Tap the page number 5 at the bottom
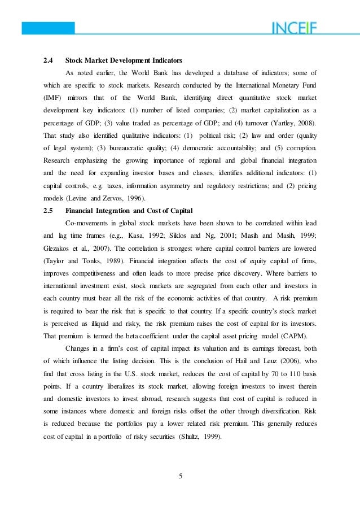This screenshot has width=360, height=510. pos(180,475)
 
